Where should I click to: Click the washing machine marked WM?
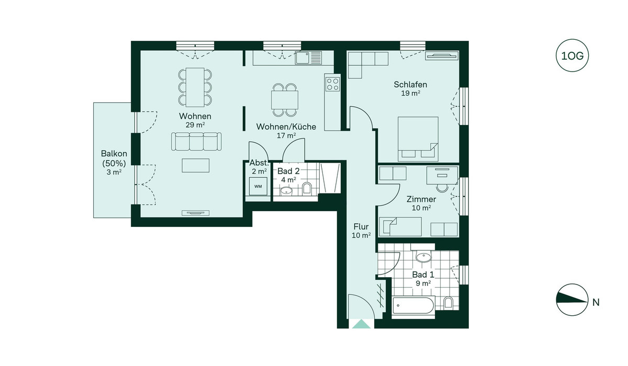click(x=258, y=186)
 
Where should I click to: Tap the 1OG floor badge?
click(x=572, y=56)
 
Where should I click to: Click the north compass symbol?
click(x=572, y=300)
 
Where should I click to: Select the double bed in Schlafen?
click(x=418, y=139)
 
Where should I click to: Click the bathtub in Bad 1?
click(x=413, y=305)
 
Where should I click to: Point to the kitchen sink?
click(x=308, y=58)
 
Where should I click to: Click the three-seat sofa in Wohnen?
click(x=196, y=141)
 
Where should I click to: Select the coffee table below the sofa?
click(x=195, y=166)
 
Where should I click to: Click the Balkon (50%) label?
click(x=114, y=158)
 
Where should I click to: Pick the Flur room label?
click(x=361, y=226)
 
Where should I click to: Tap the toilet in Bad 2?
click(x=307, y=188)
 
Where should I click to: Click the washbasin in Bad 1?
click(x=423, y=257)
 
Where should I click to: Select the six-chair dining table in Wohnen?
click(x=195, y=87)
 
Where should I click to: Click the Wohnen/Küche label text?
click(x=286, y=127)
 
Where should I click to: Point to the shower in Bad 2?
click(x=330, y=178)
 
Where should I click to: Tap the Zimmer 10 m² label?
click(x=421, y=203)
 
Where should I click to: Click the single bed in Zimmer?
click(x=400, y=227)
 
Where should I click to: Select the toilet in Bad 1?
click(x=448, y=302)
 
